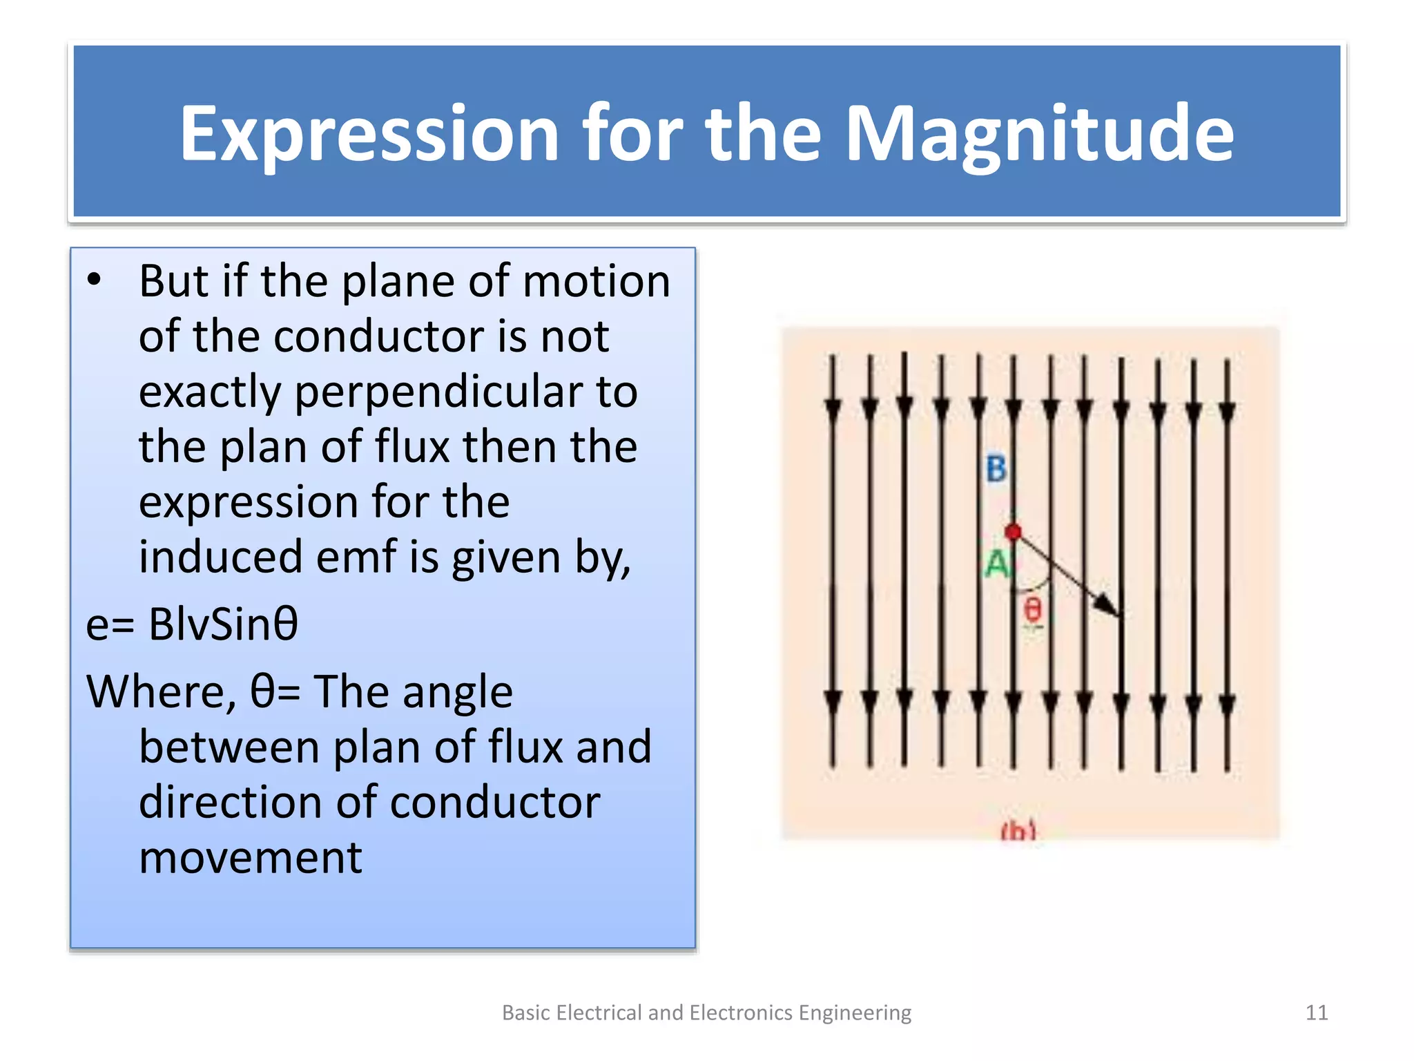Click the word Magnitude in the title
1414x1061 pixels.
(1038, 135)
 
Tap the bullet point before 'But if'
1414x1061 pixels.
(95, 280)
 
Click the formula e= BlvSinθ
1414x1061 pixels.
(192, 624)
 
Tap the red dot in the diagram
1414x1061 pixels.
(1013, 532)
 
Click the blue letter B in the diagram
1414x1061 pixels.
(996, 469)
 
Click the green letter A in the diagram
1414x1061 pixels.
(997, 564)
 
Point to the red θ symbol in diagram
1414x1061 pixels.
(1032, 610)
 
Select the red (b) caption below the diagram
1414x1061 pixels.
(1018, 831)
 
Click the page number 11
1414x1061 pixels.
(1316, 1013)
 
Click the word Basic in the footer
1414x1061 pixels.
(526, 1013)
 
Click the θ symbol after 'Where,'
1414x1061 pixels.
(263, 691)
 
